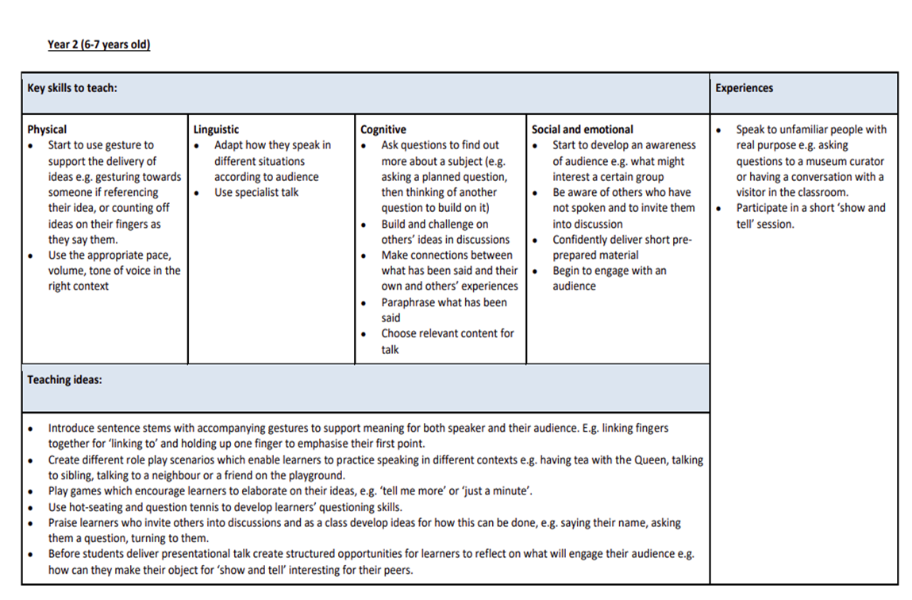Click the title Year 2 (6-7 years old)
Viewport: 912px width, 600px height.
pos(98,44)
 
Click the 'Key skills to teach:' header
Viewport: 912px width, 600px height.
pos(72,88)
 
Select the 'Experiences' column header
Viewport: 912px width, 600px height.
pos(744,88)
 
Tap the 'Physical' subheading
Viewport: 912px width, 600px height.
pos(47,129)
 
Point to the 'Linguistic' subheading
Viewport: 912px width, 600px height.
pos(216,129)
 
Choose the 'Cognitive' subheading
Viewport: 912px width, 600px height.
pos(383,129)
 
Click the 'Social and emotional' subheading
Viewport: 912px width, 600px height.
pos(582,129)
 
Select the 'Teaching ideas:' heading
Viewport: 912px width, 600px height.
pos(64,379)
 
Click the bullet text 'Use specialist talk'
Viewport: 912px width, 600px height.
pos(256,192)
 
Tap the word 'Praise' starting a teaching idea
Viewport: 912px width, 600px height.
pos(63,523)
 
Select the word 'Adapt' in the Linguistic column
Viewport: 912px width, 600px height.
pos(229,145)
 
